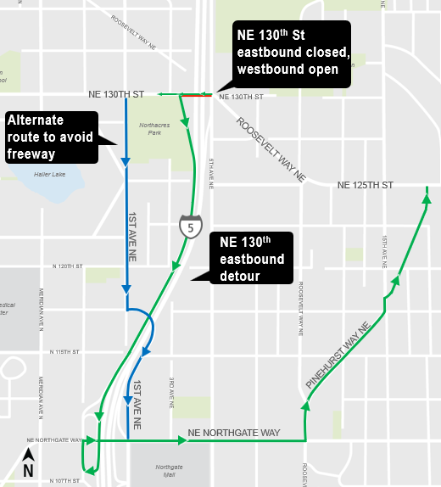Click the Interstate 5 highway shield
tap(191, 227)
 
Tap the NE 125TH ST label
tap(366, 185)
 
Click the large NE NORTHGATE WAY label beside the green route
tap(234, 434)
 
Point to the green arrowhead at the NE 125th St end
tap(426, 199)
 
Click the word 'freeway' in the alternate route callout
tap(32, 154)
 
